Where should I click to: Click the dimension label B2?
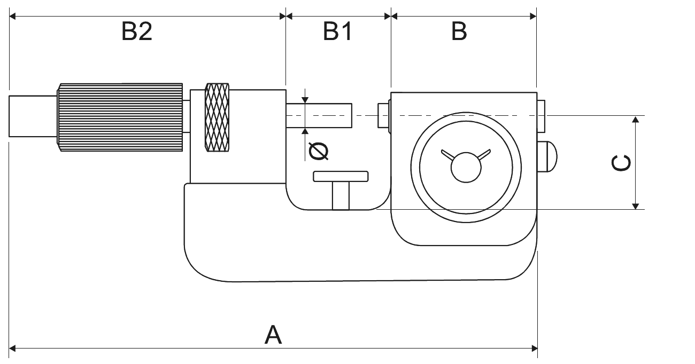click(137, 33)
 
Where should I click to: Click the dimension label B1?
click(338, 33)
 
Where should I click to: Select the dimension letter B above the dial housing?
click(459, 33)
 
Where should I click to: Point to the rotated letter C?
click(621, 164)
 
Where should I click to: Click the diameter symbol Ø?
click(319, 152)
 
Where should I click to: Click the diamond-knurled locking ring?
click(217, 117)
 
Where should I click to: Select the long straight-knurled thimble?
click(120, 117)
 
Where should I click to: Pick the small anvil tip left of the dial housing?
click(383, 115)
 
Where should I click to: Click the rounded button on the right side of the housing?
click(547, 156)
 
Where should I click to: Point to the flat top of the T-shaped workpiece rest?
click(341, 176)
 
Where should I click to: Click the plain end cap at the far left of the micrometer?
click(33, 116)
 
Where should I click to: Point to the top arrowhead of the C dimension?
click(635, 120)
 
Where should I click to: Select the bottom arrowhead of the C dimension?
click(635, 205)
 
